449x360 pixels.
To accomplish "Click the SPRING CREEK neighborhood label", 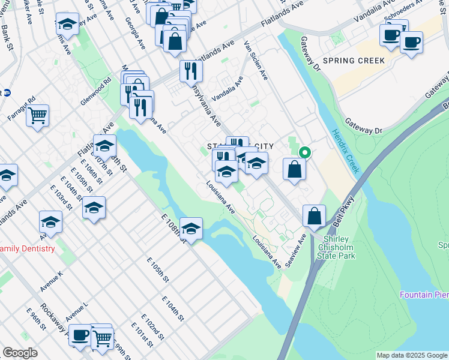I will pos(353,61).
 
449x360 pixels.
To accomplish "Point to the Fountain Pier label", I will pos(424,295).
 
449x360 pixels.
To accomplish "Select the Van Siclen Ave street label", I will pos(256,61).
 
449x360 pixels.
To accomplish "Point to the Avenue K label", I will pos(52,281).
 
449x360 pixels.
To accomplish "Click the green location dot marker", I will pos(304,152).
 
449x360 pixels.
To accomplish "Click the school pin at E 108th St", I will pos(191,229).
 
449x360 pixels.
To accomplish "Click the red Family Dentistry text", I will pos(28,248).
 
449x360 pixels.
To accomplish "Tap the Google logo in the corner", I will pos(20,353).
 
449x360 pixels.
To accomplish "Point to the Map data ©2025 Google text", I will pos(411,355).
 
